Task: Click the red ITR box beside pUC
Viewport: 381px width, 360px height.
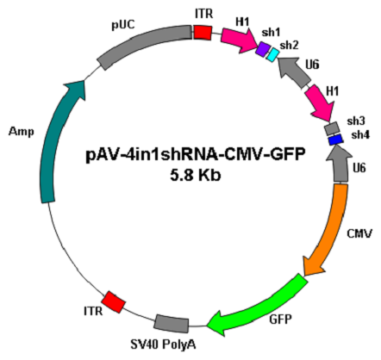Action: click(203, 32)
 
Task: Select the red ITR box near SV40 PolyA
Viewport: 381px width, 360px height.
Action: click(114, 302)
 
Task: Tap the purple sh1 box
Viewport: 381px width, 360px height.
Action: click(263, 49)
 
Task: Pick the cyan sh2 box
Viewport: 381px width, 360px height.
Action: click(272, 55)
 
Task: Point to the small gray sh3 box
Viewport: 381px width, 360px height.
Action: click(331, 128)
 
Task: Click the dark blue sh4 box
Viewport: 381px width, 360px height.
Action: click(335, 140)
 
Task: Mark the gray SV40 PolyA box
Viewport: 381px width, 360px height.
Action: click(172, 323)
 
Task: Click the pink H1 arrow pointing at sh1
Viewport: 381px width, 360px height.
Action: click(239, 40)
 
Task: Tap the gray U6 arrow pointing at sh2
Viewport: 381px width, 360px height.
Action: click(294, 71)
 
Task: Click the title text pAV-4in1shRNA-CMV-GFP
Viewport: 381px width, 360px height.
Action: click(195, 155)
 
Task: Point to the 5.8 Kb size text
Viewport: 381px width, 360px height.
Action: click(196, 176)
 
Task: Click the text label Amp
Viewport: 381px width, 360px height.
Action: click(22, 132)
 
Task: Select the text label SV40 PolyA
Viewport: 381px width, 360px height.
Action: click(163, 344)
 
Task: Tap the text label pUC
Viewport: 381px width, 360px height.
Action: click(123, 25)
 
